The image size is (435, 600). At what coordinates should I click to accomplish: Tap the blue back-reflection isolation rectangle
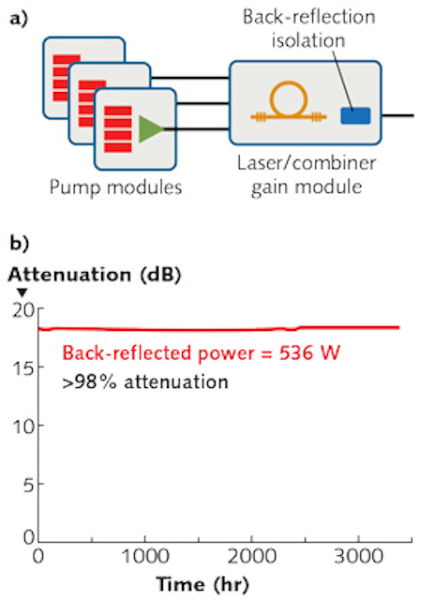point(355,115)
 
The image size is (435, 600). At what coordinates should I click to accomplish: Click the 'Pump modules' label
point(116,187)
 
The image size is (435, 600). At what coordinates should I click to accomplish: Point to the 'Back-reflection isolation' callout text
point(309,29)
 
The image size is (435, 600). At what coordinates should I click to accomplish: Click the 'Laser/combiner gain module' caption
point(307,175)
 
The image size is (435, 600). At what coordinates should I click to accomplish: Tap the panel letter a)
point(19,19)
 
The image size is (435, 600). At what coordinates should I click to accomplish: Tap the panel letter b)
point(19,243)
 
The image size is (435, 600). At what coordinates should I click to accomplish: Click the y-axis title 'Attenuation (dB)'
point(94,275)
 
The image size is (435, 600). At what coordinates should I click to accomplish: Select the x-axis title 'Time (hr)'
point(202,584)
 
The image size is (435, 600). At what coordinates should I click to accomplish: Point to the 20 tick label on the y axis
point(22,310)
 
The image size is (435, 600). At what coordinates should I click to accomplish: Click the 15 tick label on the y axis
point(22,367)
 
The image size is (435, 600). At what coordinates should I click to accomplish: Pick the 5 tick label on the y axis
point(28,485)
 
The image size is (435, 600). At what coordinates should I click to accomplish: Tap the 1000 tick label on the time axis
point(145,556)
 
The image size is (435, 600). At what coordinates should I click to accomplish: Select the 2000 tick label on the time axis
point(251,556)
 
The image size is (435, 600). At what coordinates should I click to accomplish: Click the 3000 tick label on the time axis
point(358,556)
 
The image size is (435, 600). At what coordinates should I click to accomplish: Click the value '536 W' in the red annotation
point(309,352)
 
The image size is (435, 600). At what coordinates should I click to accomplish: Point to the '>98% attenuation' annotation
point(145,382)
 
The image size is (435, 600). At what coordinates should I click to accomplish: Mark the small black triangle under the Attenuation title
point(22,292)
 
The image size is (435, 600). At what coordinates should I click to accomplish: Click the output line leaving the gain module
point(397,115)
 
